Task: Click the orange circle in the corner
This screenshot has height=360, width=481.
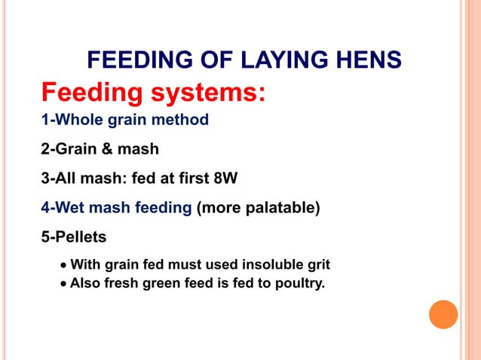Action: point(443,314)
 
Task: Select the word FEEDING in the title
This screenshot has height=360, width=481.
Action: point(133,59)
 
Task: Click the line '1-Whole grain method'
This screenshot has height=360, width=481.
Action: point(124,120)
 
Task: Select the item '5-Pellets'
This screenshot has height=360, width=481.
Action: point(73,237)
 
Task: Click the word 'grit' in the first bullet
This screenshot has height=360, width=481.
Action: point(317,265)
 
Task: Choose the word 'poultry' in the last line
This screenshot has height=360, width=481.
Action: point(298,285)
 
